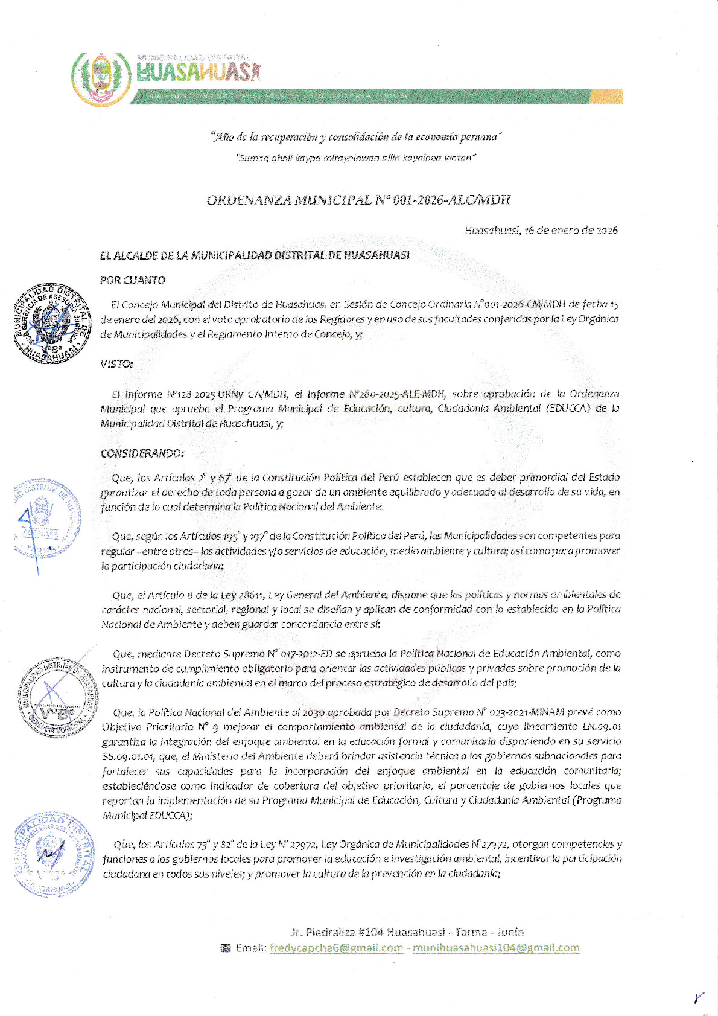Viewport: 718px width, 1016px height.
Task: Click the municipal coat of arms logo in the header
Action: [101, 78]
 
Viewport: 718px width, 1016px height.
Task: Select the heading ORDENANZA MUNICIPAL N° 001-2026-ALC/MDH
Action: [358, 200]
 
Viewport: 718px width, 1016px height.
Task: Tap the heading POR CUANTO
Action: [132, 280]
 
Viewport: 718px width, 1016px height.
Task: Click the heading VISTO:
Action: [116, 364]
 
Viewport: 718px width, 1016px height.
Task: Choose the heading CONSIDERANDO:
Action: [142, 453]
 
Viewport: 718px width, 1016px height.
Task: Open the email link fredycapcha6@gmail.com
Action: [336, 948]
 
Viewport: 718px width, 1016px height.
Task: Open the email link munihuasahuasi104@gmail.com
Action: [496, 948]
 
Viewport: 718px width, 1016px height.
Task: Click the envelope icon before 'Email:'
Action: [226, 948]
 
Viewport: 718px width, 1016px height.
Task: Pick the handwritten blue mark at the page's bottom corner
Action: [699, 998]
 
